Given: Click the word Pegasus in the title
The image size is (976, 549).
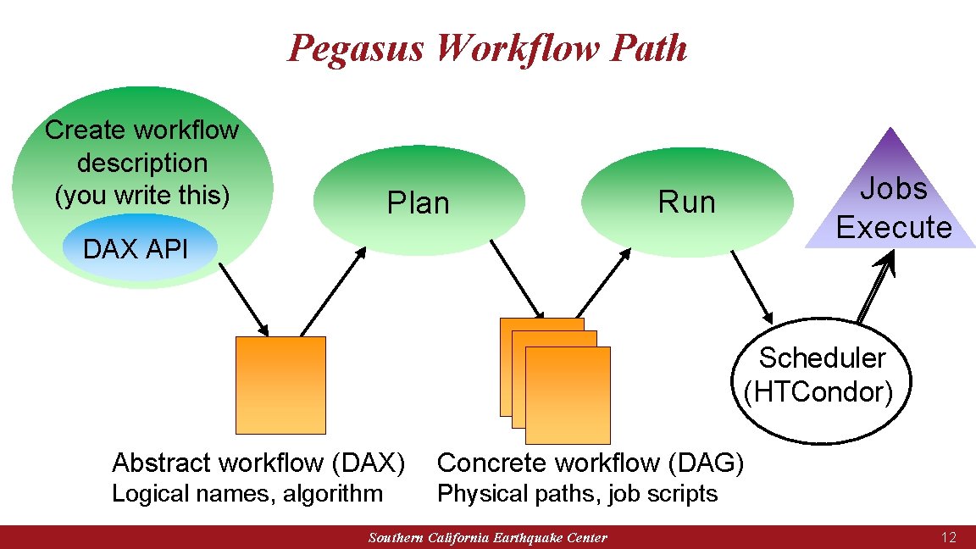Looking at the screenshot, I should tap(355, 47).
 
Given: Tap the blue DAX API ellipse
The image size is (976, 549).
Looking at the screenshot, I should tap(136, 248).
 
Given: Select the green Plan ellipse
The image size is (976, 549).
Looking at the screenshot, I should tap(419, 202).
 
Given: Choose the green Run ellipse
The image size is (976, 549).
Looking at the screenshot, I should tap(687, 202).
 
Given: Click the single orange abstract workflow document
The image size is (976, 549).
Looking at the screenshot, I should tap(280, 385).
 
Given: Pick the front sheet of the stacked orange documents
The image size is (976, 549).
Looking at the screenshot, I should tap(568, 395).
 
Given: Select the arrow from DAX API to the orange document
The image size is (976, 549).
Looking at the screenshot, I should tap(244, 298).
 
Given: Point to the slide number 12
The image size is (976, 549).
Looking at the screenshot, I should tap(948, 537).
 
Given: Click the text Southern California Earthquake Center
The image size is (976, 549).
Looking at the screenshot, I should tap(488, 538).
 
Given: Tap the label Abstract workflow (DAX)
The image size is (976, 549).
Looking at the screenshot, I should tap(258, 463).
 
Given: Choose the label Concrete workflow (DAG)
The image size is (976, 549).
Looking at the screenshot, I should tap(591, 463).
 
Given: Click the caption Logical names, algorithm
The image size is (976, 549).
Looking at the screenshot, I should tap(247, 493).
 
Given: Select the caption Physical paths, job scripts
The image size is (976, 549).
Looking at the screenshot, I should tap(577, 493).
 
